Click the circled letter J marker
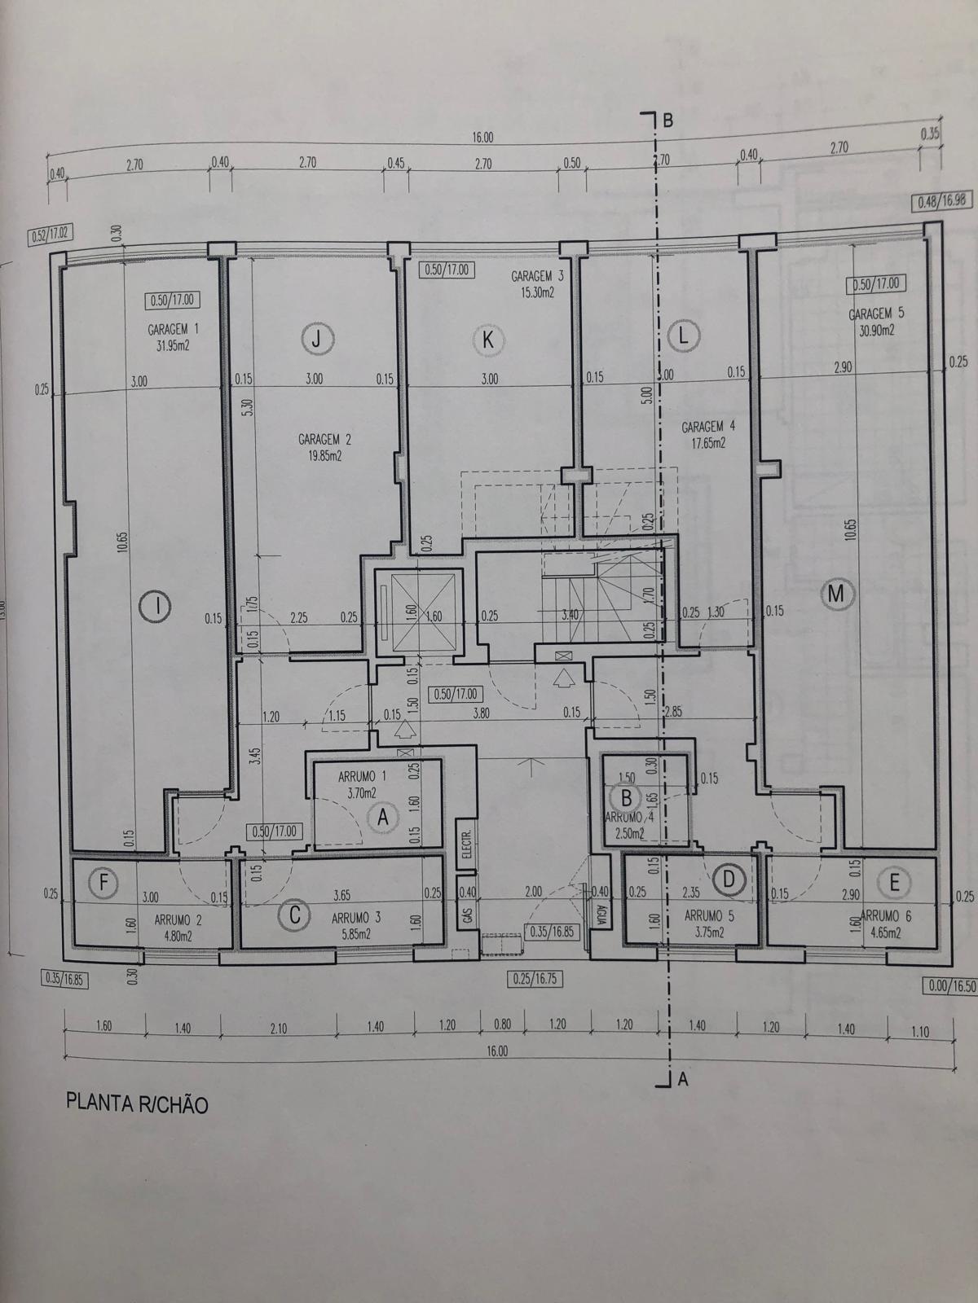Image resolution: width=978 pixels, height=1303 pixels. (317, 338)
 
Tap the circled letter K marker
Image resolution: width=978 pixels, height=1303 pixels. (487, 340)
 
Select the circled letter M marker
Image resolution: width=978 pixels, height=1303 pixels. (835, 594)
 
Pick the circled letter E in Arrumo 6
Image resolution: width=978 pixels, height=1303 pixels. (894, 883)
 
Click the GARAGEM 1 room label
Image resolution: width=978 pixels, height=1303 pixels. (173, 330)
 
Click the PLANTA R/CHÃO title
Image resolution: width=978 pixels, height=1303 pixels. (136, 1104)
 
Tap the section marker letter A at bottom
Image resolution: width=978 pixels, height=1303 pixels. (684, 1080)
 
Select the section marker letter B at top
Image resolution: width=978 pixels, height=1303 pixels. (667, 120)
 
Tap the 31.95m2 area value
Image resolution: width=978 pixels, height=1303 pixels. (173, 344)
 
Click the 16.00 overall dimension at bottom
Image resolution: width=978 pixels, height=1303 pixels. (496, 1051)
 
